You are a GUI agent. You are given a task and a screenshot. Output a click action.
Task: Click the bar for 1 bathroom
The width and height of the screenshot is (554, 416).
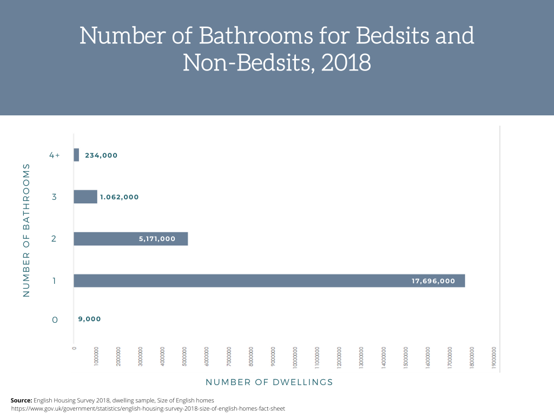[243, 281]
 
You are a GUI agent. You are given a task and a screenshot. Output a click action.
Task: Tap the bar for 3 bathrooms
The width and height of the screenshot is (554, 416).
[85, 197]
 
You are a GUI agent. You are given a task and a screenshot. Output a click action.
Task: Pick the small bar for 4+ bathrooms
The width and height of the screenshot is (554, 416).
[76, 155]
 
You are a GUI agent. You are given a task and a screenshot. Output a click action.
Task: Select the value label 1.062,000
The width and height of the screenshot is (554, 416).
[119, 197]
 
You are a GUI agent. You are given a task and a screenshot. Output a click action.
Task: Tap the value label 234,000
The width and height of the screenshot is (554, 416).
[101, 155]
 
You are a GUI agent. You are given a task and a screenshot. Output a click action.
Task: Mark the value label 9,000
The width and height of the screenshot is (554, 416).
[89, 319]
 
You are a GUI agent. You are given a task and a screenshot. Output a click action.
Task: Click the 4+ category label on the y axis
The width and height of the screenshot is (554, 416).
[54, 155]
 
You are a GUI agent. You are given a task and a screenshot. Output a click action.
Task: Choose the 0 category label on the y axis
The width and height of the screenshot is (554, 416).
[54, 320]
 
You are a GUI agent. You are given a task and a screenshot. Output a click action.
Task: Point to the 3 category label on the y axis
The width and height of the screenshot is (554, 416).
[54, 197]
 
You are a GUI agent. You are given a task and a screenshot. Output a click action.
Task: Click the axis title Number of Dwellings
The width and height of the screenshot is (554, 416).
[269, 382]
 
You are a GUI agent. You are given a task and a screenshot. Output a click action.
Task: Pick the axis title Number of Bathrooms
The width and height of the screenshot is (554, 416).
[26, 230]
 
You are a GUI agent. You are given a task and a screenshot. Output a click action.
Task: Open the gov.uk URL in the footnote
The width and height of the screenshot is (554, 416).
[148, 408]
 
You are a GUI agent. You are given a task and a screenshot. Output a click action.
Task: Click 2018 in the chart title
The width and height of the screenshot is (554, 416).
[346, 63]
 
